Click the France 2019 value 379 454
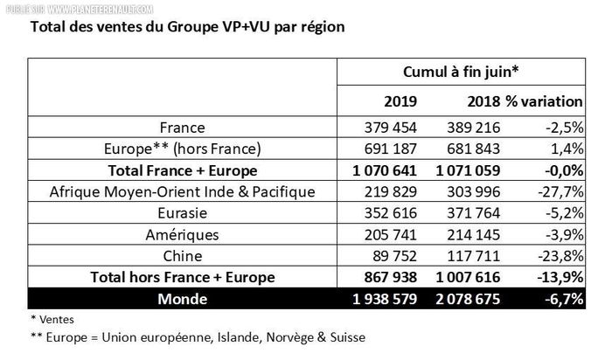tap(390, 127)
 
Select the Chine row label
tap(183, 256)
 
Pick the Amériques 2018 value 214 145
tap(484, 235)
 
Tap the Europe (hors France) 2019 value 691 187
tap(390, 149)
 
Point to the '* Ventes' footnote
tap(52, 319)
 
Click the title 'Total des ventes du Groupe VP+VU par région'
tap(187, 26)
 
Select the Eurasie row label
tap(183, 213)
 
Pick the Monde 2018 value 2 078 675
tap(474, 299)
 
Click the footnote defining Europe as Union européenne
tap(198, 338)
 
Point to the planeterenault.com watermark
tap(87, 7)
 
